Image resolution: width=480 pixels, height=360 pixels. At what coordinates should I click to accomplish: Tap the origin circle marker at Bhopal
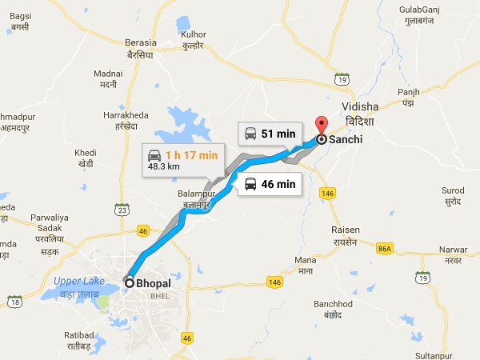[130, 282]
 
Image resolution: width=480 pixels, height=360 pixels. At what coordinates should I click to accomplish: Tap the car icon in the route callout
[154, 154]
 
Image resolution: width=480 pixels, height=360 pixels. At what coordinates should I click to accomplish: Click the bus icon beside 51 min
[251, 133]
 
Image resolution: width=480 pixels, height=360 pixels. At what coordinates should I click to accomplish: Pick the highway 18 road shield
[14, 301]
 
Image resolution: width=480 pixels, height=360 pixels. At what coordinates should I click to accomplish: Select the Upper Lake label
[79, 280]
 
